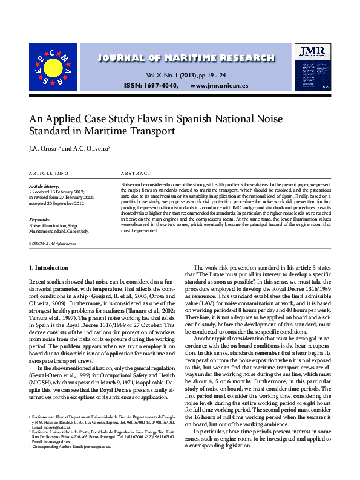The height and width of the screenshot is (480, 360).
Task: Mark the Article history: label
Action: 44,187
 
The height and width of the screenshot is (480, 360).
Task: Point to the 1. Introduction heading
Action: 51,267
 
